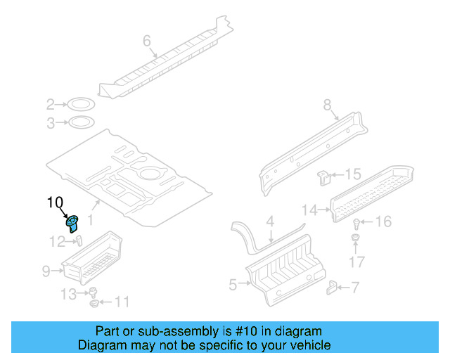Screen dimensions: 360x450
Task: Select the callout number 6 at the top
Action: click(x=147, y=41)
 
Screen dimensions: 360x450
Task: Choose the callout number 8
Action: click(x=327, y=105)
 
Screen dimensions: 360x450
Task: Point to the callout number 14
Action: click(x=309, y=208)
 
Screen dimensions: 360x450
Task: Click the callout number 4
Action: click(x=269, y=221)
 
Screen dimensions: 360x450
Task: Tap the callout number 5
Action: click(x=233, y=284)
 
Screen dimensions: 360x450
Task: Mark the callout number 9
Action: click(x=46, y=270)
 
